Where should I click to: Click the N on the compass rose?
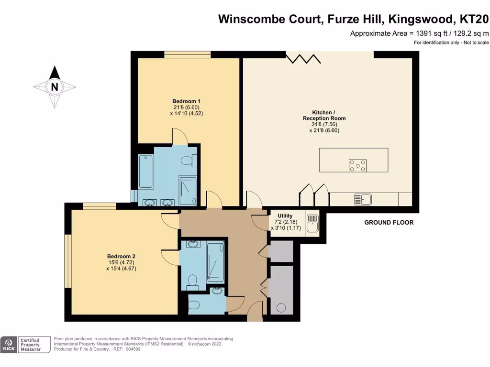point(55,87)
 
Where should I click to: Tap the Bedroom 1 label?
point(186,101)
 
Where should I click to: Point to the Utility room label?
point(282,216)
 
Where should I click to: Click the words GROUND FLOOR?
point(389,223)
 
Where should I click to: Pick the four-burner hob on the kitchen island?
point(357,165)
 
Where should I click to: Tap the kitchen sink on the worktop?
point(362,199)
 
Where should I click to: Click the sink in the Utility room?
point(313,224)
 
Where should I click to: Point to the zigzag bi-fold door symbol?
point(303,58)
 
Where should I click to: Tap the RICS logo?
point(9,345)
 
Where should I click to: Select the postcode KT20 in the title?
point(474,19)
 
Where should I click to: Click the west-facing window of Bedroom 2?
point(68,260)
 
